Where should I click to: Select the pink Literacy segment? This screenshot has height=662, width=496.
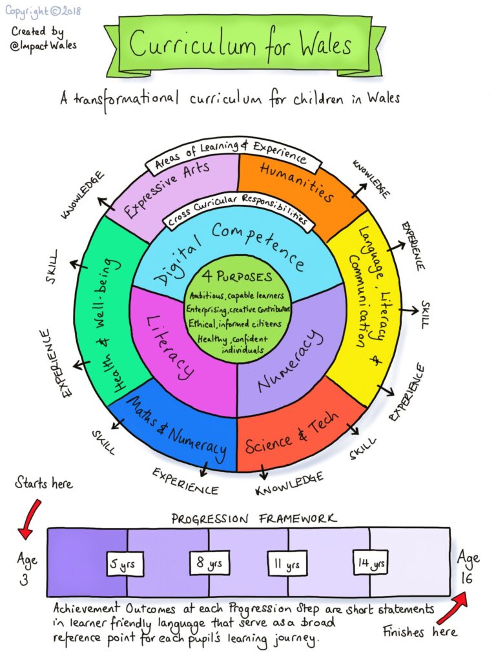[x=169, y=346]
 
